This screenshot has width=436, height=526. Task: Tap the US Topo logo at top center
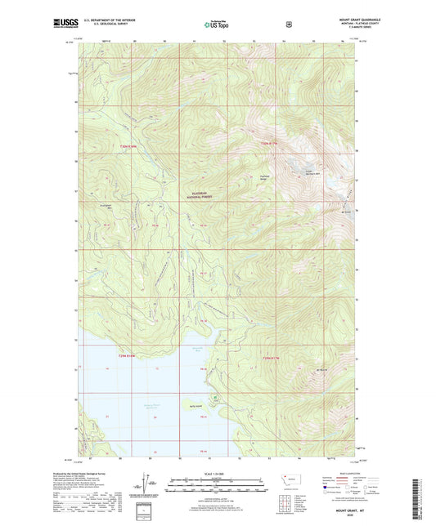point(217,25)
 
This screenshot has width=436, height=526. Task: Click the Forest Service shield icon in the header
point(288,25)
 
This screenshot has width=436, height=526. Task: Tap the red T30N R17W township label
point(269,145)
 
